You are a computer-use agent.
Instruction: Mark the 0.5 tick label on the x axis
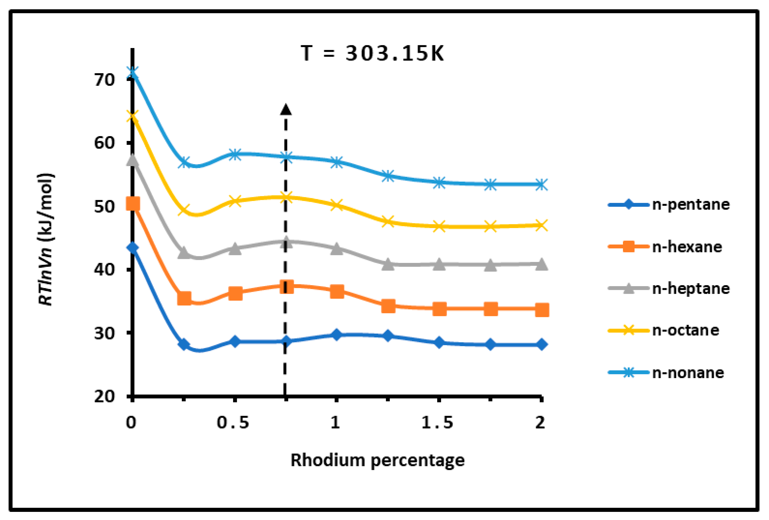[x=233, y=423]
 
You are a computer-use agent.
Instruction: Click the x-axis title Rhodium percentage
[x=378, y=460]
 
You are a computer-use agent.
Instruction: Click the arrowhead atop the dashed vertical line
[x=286, y=109]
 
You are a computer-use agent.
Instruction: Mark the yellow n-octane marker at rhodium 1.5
[x=439, y=227]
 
